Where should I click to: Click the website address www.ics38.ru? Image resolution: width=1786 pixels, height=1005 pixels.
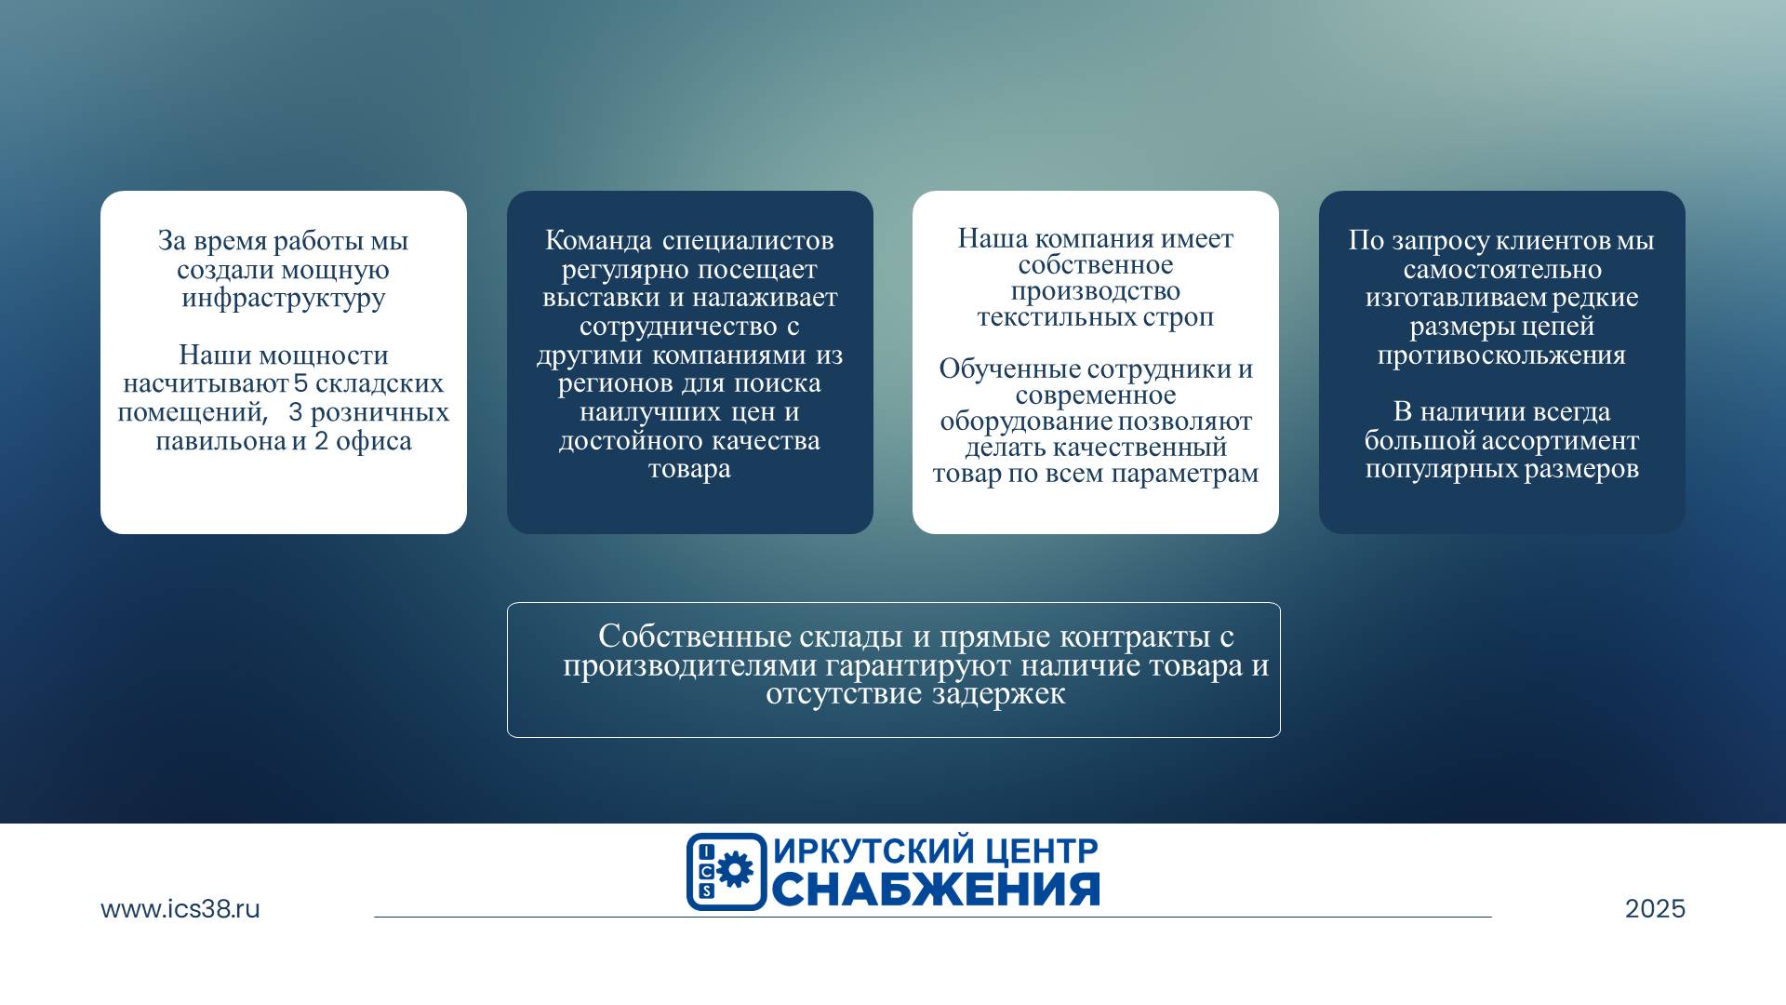(x=180, y=909)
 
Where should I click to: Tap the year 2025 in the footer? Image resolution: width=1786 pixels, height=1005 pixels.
(x=1655, y=909)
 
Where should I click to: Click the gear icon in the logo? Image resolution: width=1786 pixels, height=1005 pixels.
(x=735, y=870)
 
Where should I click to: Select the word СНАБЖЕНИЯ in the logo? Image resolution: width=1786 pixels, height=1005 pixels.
(x=936, y=890)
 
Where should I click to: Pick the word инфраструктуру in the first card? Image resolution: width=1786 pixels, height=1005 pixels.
(x=284, y=299)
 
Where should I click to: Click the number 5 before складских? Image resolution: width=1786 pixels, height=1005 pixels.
(x=300, y=383)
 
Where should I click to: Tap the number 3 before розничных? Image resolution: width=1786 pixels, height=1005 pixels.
(x=296, y=412)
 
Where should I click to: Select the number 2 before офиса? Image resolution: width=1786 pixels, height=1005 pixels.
(x=321, y=441)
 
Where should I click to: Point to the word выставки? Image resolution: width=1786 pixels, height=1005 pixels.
(x=602, y=298)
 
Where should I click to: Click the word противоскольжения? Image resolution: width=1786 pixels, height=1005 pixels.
(x=1501, y=355)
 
